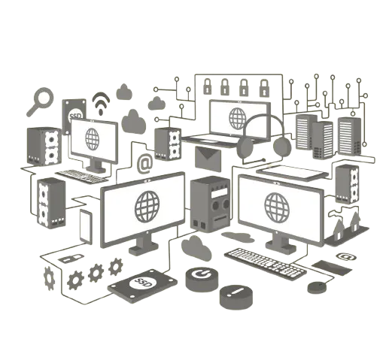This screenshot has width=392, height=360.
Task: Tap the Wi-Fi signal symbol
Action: click(101, 104)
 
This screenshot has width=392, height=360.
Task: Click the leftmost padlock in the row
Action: click(207, 86)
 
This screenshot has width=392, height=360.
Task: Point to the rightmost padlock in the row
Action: click(264, 88)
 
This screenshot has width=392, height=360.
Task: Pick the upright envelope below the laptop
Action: click(208, 159)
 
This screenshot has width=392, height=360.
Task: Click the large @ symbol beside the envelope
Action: click(145, 164)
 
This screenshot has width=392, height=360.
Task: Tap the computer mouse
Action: click(317, 287)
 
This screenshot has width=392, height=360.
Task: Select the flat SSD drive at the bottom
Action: click(142, 286)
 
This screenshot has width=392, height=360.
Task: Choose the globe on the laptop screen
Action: click(238, 119)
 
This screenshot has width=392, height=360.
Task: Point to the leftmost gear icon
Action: click(49, 278)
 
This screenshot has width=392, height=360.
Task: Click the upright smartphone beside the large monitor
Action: click(86, 227)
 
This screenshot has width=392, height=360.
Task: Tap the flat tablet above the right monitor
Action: click(293, 173)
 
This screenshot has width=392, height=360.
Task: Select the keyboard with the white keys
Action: click(266, 264)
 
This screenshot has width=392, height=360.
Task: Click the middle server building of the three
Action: click(323, 140)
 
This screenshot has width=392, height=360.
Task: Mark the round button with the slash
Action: click(236, 297)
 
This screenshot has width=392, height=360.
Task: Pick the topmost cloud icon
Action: click(124, 92)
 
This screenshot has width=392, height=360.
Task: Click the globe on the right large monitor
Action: click(277, 207)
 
